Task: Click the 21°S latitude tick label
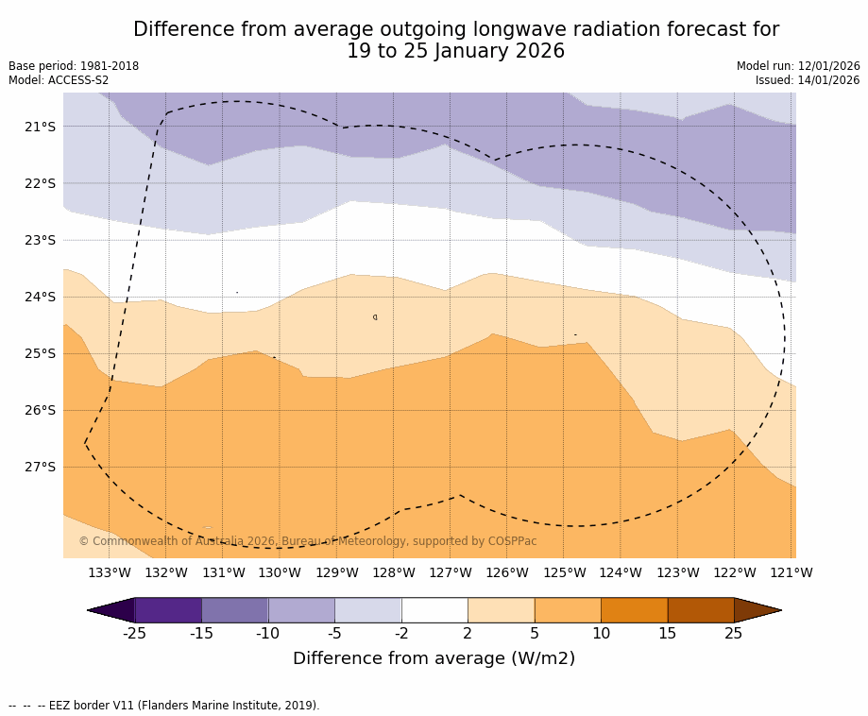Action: coord(40,127)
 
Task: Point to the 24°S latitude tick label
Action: coord(40,297)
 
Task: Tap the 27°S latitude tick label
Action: coord(40,467)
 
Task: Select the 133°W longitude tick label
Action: coord(109,572)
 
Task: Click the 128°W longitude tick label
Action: coord(393,572)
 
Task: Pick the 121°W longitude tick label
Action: coord(791,572)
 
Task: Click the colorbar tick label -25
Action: coord(134,634)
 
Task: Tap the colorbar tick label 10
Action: coord(601,634)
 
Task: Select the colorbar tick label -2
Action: coord(400,634)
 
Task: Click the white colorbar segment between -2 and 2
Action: coord(434,610)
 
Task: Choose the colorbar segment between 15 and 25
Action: coord(701,610)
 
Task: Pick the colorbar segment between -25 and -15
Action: coord(168,610)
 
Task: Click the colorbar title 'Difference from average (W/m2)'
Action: coord(434,659)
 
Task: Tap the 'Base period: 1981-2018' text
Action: coord(74,67)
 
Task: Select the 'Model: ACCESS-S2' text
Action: coord(59,81)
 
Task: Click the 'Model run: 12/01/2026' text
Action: coord(798,67)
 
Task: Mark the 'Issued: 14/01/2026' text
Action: coord(808,81)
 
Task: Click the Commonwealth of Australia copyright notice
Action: coord(307,542)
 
